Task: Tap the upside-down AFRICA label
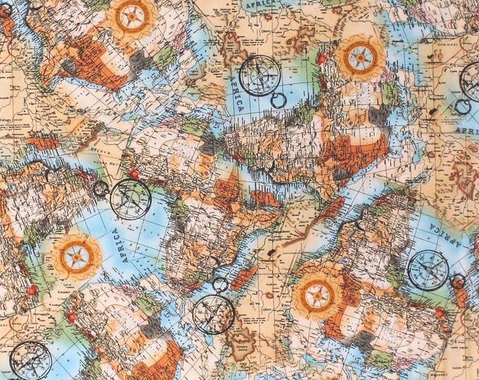point(459,239)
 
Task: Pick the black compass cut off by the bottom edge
point(30,360)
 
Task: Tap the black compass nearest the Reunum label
point(131,198)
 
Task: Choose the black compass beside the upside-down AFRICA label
point(428,270)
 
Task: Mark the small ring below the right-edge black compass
point(461,107)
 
